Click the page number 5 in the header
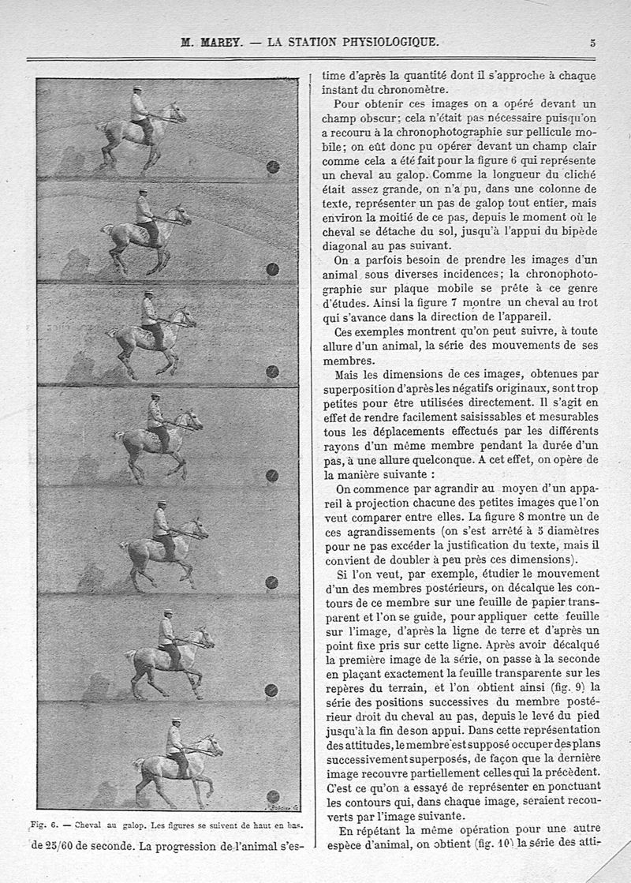pyautogui.click(x=592, y=43)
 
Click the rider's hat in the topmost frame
pyautogui.click(x=136, y=88)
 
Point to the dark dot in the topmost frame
pyautogui.click(x=273, y=166)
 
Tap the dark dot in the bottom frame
pyautogui.click(x=273, y=796)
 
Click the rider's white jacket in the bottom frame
pyautogui.click(x=174, y=740)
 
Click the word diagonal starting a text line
pyautogui.click(x=348, y=245)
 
